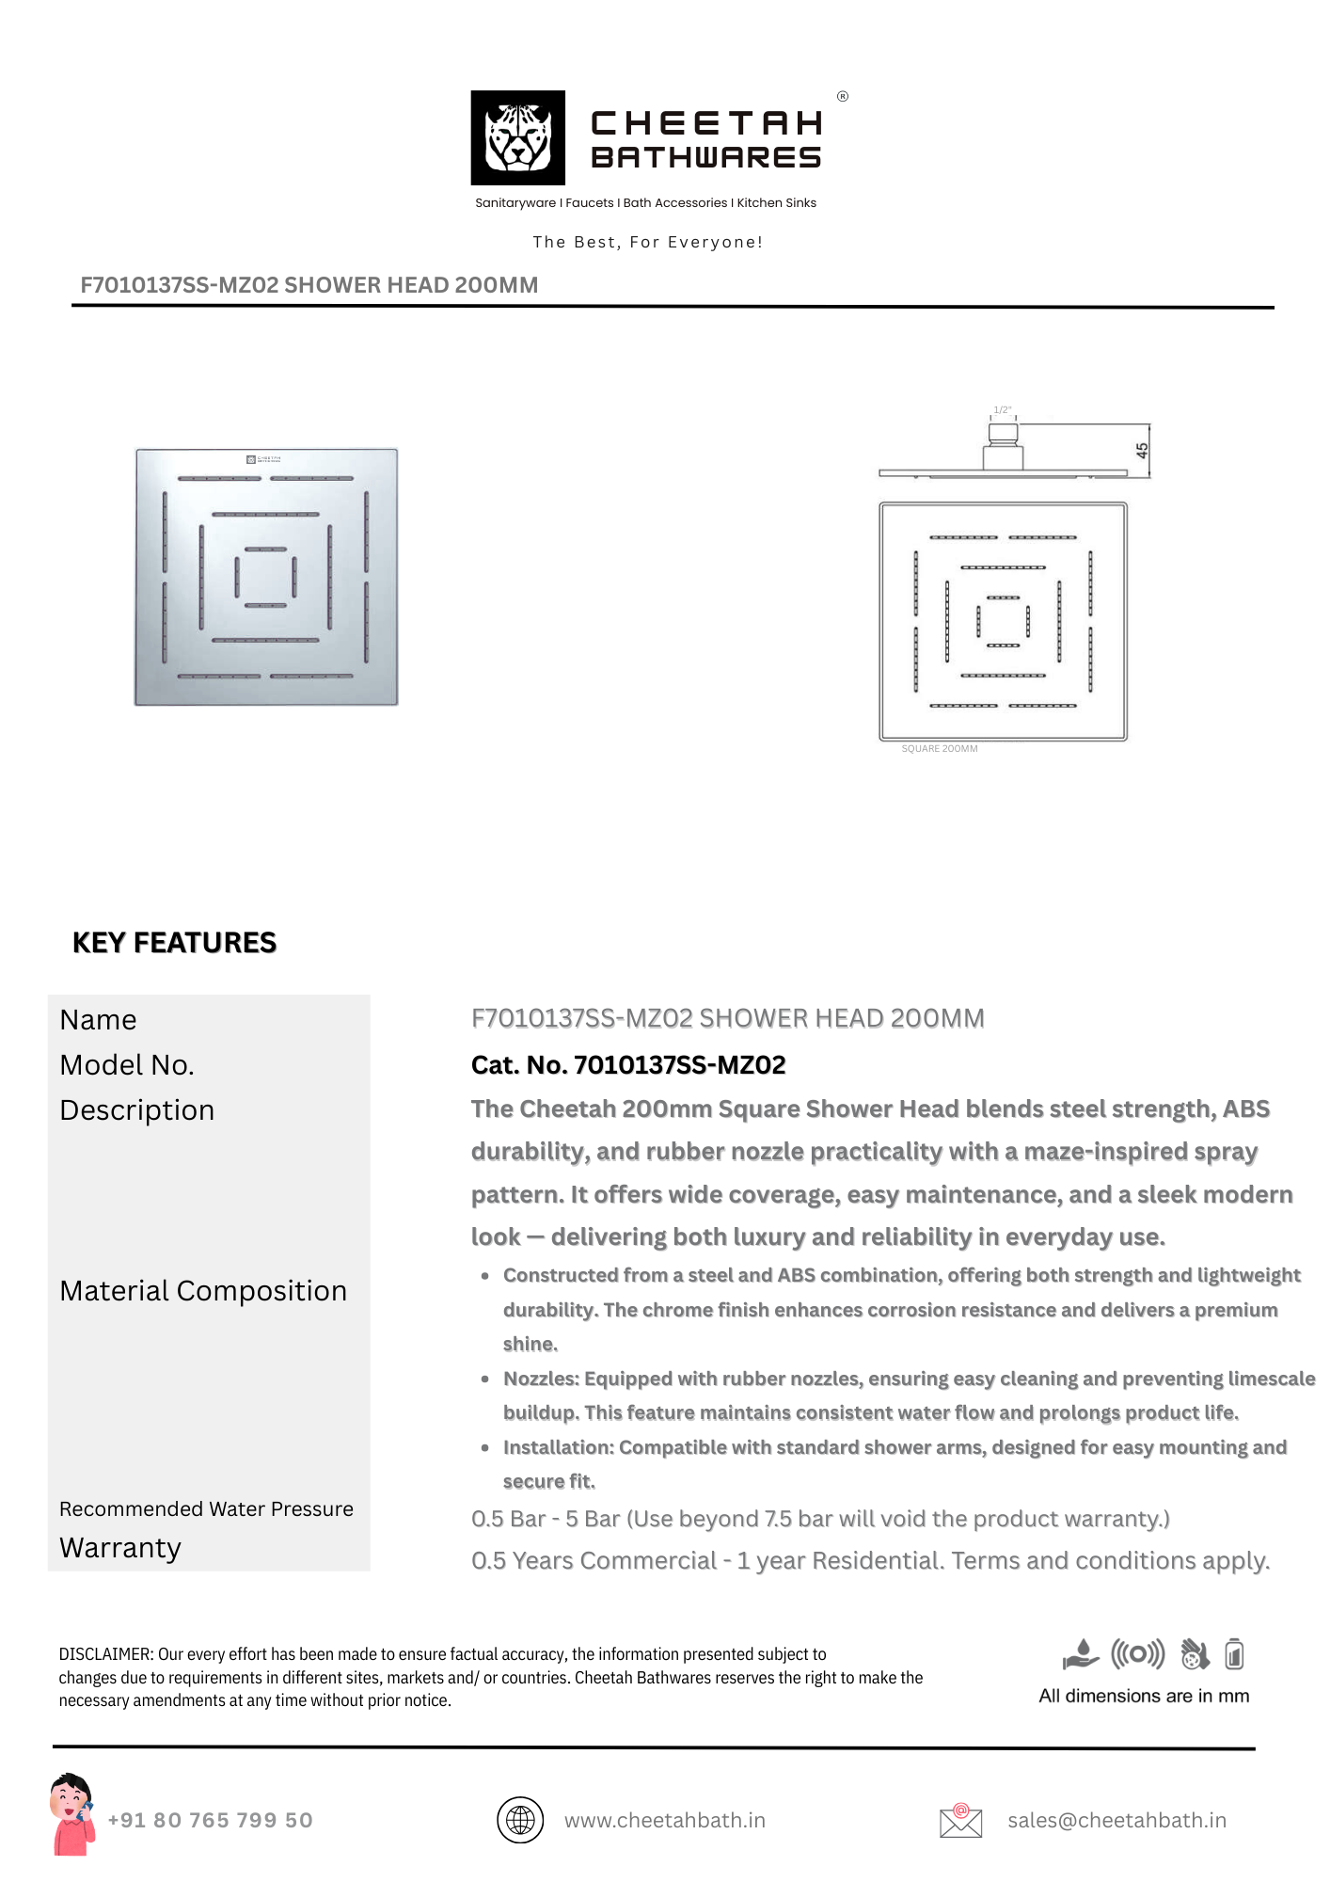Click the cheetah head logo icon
point(517,137)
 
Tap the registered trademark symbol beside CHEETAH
point(843,96)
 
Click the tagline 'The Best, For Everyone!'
point(647,242)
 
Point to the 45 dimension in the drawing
point(1142,451)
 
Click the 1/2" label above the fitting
point(1002,410)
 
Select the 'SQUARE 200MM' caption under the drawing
point(939,749)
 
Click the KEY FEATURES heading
point(174,943)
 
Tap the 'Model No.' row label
point(127,1065)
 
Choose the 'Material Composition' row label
point(203,1291)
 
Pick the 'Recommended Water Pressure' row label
point(206,1509)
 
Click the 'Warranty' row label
point(120,1548)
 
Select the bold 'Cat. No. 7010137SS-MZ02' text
point(628,1065)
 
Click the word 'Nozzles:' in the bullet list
point(541,1379)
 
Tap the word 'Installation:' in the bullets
point(558,1447)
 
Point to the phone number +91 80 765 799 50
point(210,1820)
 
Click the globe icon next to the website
point(520,1820)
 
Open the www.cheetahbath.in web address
point(664,1820)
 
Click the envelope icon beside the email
point(960,1821)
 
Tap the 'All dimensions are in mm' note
point(1144,1696)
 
